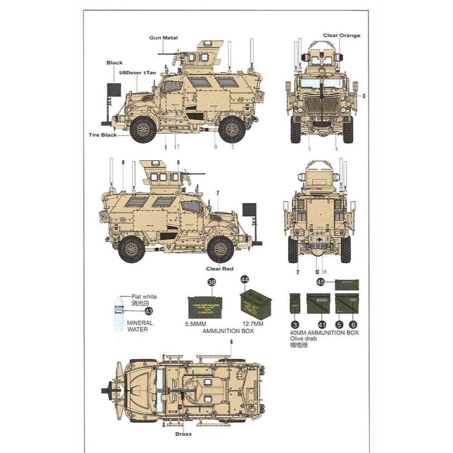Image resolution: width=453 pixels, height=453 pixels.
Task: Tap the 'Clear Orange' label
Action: (x=342, y=35)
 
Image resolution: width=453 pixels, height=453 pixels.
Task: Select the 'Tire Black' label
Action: (x=103, y=135)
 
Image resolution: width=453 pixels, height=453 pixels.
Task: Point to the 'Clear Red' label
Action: (x=219, y=269)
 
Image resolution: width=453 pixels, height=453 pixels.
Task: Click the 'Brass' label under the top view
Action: (x=183, y=434)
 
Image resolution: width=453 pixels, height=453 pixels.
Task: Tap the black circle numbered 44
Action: (x=245, y=280)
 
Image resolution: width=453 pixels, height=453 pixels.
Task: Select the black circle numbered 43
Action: (x=148, y=311)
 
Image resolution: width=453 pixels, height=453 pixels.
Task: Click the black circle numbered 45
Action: (x=321, y=282)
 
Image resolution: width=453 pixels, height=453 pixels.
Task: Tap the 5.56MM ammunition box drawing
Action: (x=205, y=304)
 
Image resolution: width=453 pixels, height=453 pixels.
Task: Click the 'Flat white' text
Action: (x=144, y=297)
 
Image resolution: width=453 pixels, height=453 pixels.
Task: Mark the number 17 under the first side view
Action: (x=177, y=147)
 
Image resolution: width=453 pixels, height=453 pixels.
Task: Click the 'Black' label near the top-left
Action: (x=114, y=63)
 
